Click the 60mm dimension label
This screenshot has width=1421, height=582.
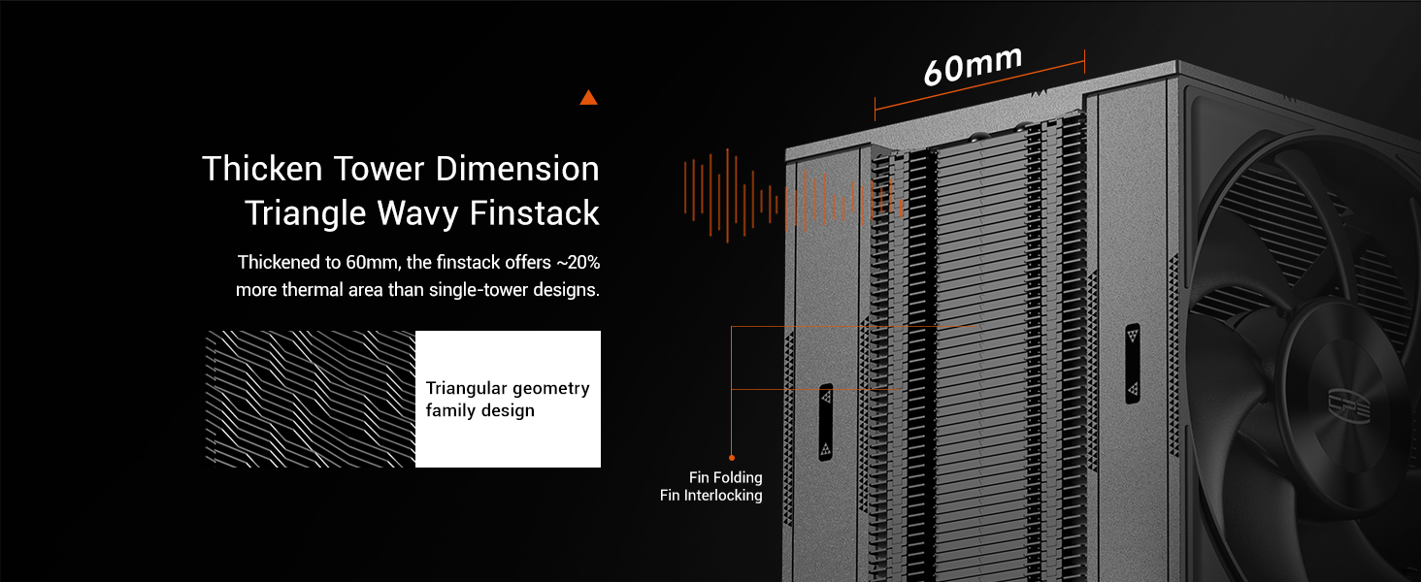[x=973, y=65]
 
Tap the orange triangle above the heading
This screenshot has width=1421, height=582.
[x=588, y=98]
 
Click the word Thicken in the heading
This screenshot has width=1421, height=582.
[x=263, y=170]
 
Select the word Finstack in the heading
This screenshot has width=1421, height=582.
[x=534, y=212]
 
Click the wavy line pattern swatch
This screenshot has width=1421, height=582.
[x=310, y=399]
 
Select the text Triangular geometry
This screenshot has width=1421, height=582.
[x=508, y=388]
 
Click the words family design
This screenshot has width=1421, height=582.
[x=480, y=410]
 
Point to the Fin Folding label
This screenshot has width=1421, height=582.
[x=726, y=477]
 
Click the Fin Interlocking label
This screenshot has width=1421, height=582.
[x=711, y=495]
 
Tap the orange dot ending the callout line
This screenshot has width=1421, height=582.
[x=732, y=457]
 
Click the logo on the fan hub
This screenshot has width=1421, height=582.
[x=1348, y=405]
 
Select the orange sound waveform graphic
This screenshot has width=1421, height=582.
[x=794, y=196]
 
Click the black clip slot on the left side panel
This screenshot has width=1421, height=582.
[x=825, y=422]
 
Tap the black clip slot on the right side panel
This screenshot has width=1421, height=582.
[x=1133, y=364]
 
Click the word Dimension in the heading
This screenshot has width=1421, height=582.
[x=517, y=170]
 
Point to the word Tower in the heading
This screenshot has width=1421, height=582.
[x=379, y=170]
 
